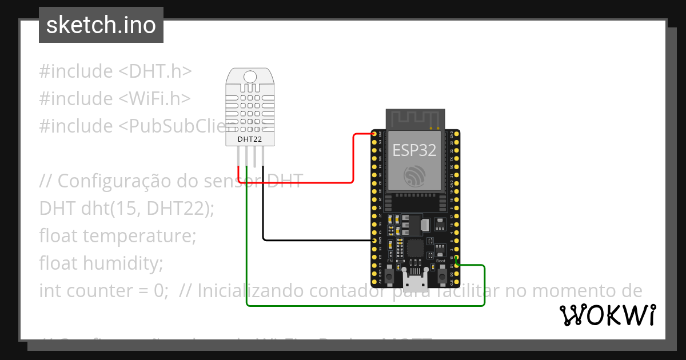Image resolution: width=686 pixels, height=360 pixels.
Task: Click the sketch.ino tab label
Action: click(x=101, y=25)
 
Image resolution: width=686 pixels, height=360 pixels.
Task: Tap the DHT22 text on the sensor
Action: click(x=250, y=139)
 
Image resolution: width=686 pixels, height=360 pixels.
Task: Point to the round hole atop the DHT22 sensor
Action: click(x=250, y=77)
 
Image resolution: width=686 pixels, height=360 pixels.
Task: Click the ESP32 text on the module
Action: click(x=414, y=150)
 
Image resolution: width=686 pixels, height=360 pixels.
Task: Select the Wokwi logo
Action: click(x=607, y=315)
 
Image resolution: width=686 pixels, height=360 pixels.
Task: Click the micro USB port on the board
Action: click(x=415, y=281)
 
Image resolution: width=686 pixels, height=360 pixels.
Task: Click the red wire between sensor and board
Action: click(x=309, y=182)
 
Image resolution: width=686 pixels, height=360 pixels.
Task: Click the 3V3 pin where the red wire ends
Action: click(x=374, y=135)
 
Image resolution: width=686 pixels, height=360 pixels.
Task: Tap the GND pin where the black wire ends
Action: click(x=374, y=241)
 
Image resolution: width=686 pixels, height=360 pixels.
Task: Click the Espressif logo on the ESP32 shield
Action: click(x=414, y=175)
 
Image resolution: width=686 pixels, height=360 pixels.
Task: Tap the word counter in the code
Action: click(x=99, y=290)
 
